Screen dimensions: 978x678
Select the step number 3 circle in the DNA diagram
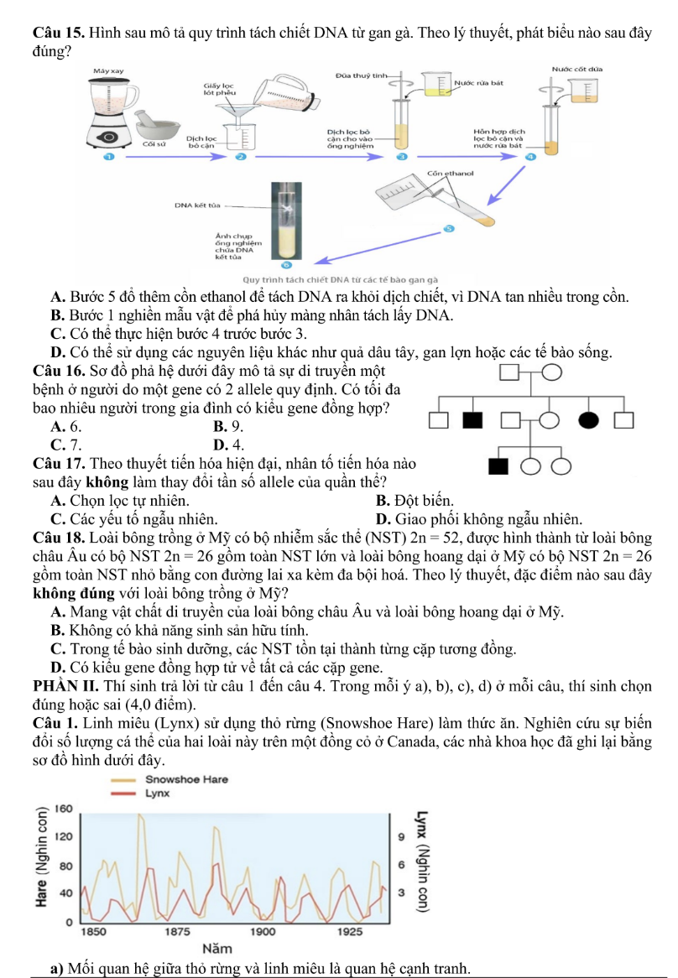click(401, 157)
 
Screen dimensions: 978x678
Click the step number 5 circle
click(449, 228)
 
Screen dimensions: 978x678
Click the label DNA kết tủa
click(196, 203)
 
